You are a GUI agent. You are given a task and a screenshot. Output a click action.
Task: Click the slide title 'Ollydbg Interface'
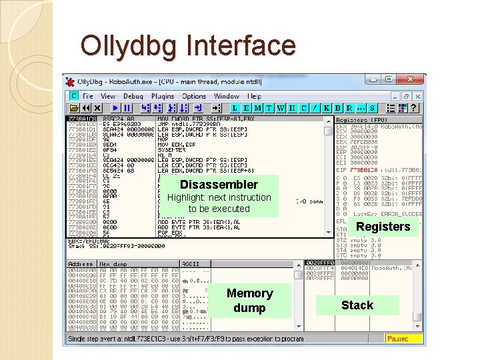tap(187, 46)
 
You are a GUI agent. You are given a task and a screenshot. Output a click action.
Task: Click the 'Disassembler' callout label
tap(219, 185)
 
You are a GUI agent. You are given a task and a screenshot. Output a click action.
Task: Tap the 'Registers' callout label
tap(383, 227)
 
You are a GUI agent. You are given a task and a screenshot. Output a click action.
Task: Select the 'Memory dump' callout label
tap(249, 301)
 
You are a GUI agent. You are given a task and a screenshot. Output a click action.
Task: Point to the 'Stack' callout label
tap(357, 305)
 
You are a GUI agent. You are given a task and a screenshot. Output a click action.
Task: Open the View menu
tap(108, 96)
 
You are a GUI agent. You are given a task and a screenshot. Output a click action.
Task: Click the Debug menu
tap(133, 96)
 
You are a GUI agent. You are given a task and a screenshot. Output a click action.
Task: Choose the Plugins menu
tap(162, 96)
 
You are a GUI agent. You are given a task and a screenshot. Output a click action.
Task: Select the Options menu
tap(194, 96)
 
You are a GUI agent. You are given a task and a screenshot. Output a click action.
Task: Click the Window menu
tap(227, 96)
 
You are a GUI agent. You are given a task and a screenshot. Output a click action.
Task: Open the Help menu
tap(255, 96)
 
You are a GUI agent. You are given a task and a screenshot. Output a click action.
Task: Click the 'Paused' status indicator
tap(402, 339)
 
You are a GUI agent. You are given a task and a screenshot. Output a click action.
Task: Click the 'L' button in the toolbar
tap(235, 108)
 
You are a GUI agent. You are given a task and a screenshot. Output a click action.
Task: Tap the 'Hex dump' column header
tap(114, 264)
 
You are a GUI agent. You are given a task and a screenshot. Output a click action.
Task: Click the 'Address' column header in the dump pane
tap(80, 264)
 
